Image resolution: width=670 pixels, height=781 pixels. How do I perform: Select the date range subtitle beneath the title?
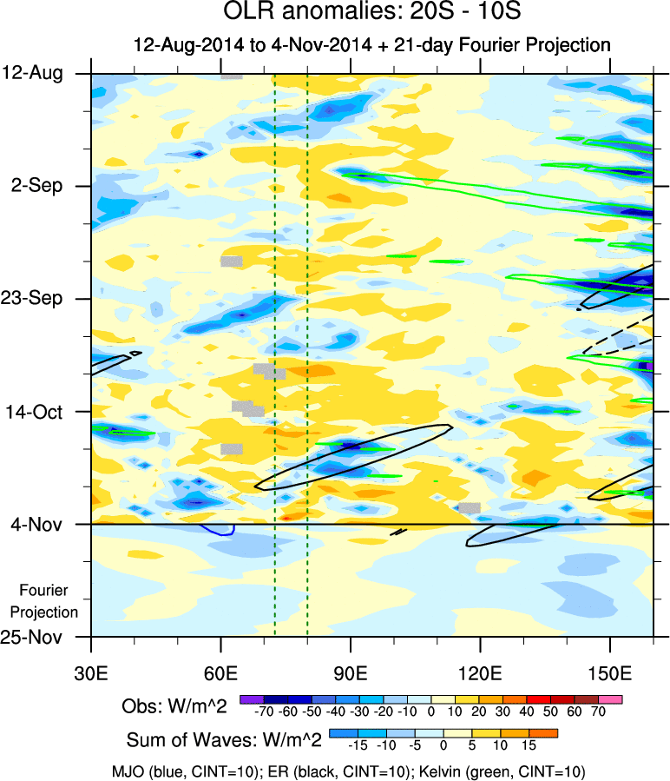pos(371,44)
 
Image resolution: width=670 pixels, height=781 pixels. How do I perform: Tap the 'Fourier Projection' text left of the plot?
pos(49,601)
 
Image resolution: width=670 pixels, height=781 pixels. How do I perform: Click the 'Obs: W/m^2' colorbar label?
pos(174,706)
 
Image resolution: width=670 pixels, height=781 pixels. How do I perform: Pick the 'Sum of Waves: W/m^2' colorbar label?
pos(225,740)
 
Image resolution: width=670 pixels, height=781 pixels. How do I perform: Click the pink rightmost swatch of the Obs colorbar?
pos(610,698)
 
